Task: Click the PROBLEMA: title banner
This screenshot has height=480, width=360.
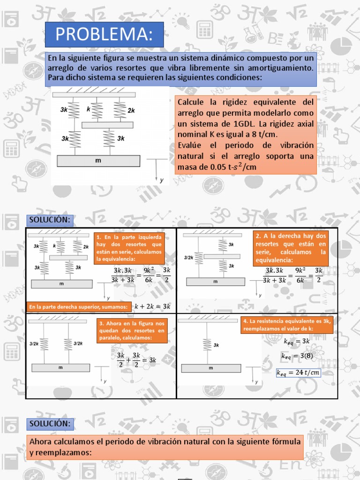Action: click(x=104, y=35)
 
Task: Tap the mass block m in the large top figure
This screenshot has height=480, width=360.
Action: click(x=98, y=161)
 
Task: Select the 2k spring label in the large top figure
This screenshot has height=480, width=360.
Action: click(x=131, y=111)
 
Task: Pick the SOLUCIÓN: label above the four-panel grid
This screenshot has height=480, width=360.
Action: click(x=50, y=220)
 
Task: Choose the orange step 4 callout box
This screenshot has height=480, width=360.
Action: click(x=287, y=325)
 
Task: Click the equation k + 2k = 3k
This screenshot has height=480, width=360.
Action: click(x=152, y=307)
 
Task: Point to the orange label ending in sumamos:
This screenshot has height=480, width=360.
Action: click(x=78, y=307)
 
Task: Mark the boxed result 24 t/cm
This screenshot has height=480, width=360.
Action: click(x=298, y=373)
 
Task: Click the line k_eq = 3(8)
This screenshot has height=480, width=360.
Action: click(x=295, y=357)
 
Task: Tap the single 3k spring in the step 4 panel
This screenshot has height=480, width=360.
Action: click(x=205, y=345)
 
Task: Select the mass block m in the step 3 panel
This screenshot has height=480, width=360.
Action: click(x=60, y=367)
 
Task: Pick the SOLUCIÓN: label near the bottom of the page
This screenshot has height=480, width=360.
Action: click(x=50, y=424)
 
